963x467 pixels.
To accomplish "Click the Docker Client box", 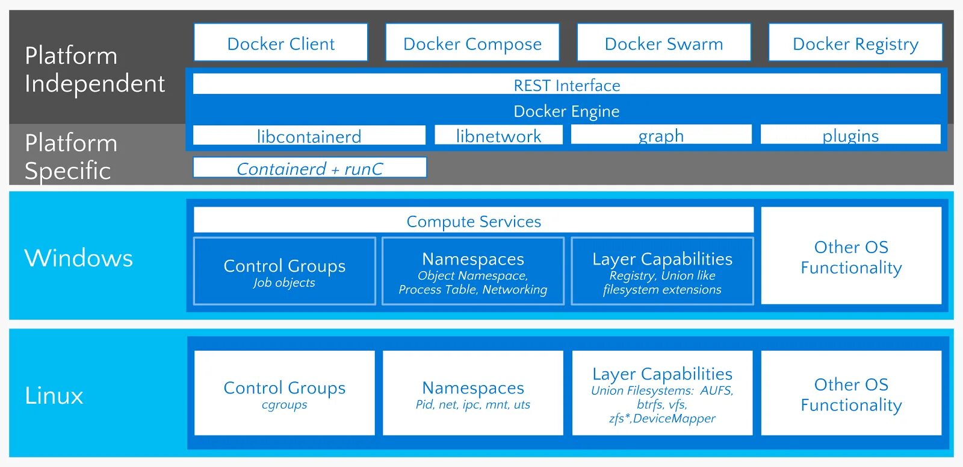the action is tap(280, 42).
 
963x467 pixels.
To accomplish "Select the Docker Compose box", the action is tap(472, 42).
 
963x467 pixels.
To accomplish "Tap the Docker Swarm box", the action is tap(664, 42).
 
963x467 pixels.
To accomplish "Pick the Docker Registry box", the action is tap(855, 42).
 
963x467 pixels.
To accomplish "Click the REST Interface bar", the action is tap(566, 84).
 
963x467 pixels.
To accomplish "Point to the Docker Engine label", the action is tap(566, 111).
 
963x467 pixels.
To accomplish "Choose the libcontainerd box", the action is tap(309, 135).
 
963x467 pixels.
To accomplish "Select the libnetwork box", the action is tap(499, 135).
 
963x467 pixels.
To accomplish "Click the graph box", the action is tap(661, 134).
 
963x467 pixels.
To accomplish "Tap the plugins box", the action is tap(851, 134).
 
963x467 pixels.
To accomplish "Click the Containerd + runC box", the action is tap(309, 168).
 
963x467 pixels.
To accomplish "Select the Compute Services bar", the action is tap(474, 220).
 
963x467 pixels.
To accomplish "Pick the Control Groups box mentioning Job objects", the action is tap(285, 271).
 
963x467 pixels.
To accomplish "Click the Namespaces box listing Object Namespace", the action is tap(473, 271).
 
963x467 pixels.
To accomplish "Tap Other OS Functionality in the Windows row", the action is tap(851, 255).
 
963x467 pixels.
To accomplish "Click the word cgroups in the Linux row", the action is tap(285, 404).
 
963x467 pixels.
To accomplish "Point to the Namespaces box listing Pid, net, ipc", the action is tap(473, 393).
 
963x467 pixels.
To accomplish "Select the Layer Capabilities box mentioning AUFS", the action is tap(662, 393).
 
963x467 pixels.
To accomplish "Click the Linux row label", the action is tap(54, 395).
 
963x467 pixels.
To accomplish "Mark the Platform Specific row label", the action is tap(71, 157).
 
